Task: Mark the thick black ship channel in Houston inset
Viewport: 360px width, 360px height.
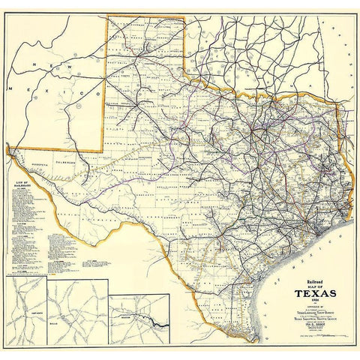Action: click(x=157, y=325)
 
